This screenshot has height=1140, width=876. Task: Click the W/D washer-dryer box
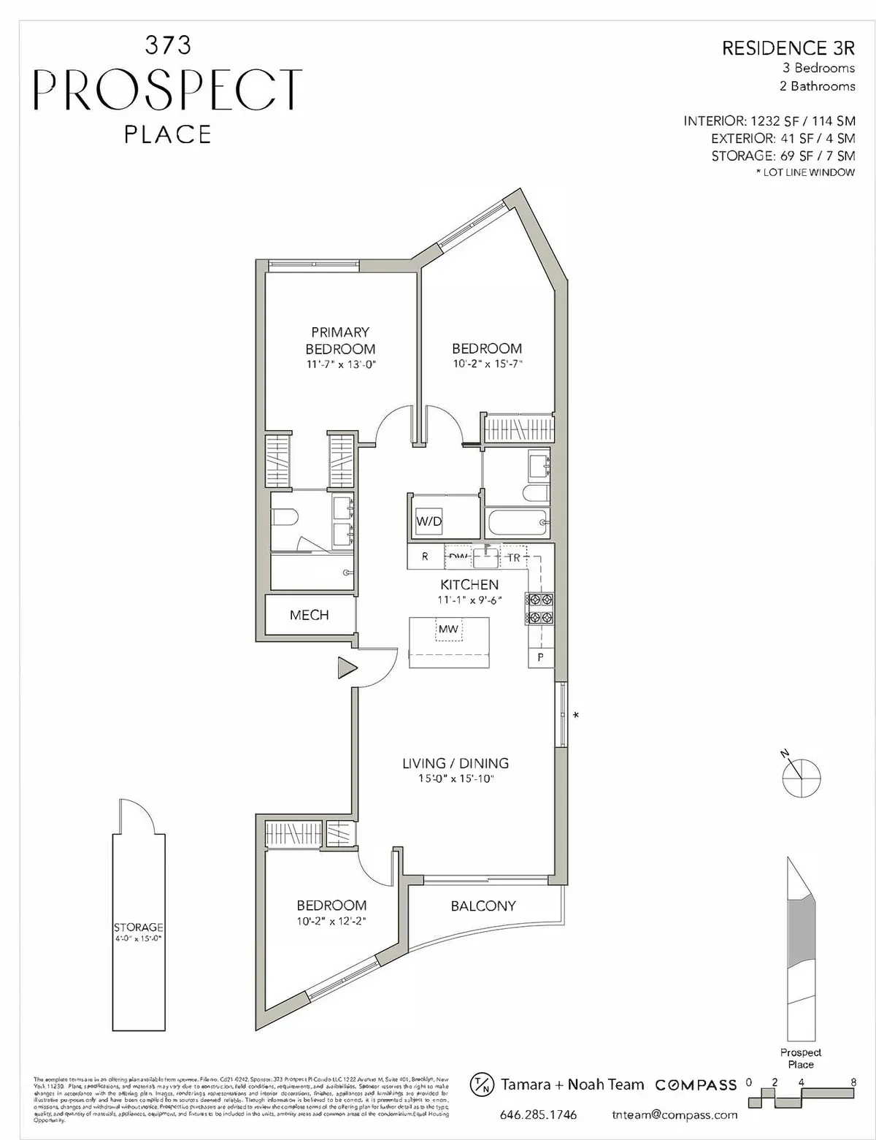(x=429, y=521)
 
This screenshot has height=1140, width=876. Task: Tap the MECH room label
(x=309, y=615)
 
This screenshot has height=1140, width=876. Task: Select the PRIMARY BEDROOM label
(x=340, y=340)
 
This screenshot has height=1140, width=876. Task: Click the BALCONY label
(x=483, y=906)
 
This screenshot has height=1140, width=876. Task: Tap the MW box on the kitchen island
(x=448, y=629)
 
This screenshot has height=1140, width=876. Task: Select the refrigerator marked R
(x=426, y=556)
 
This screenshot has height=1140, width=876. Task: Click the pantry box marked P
(x=540, y=657)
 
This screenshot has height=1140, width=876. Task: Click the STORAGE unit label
(x=138, y=927)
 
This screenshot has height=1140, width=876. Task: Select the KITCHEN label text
(x=469, y=584)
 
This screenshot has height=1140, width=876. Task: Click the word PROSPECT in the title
(x=168, y=90)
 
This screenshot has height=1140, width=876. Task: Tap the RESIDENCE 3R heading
(x=788, y=48)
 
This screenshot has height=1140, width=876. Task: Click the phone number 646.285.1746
(x=538, y=1115)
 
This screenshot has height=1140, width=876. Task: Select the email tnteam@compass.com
(x=675, y=1115)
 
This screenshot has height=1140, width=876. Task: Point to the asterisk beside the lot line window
(x=576, y=715)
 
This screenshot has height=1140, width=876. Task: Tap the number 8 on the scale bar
(x=853, y=1082)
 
